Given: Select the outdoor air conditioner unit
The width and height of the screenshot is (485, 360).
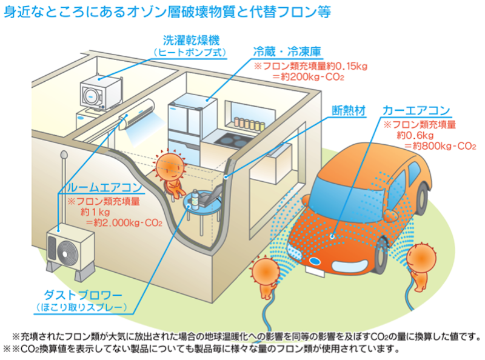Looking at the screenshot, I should tap(70, 247).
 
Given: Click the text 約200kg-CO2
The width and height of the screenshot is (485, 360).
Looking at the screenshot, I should tap(308, 77).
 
